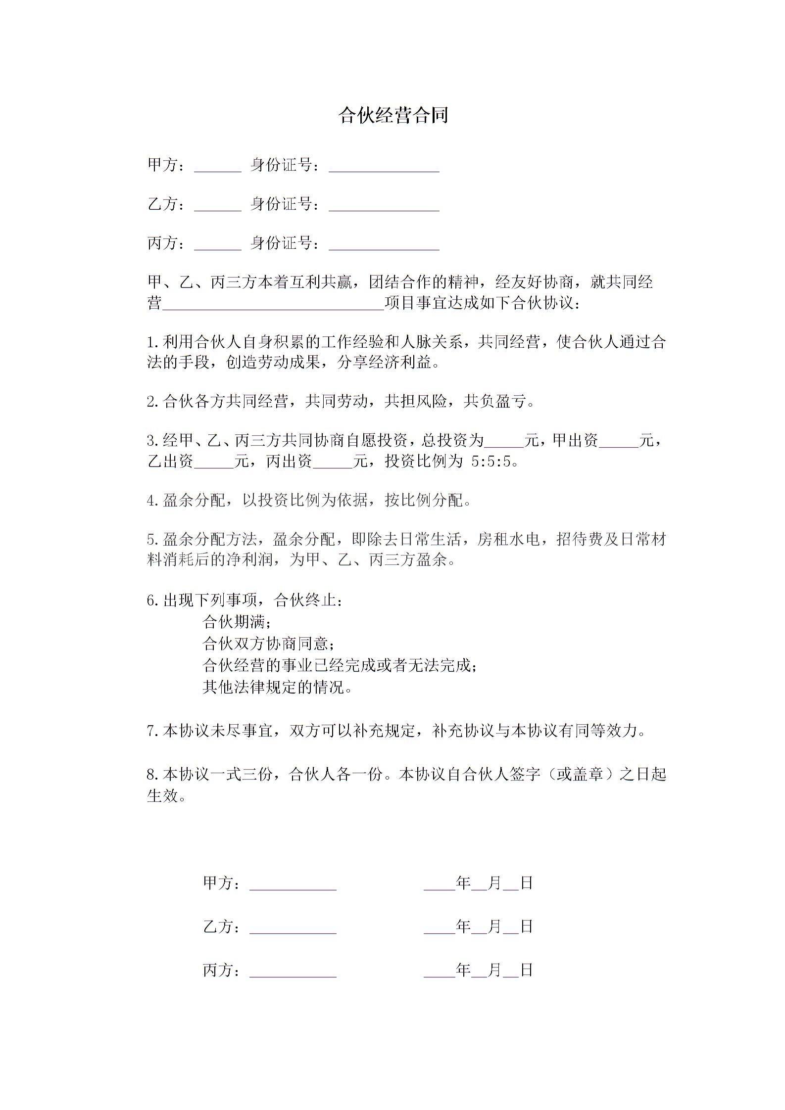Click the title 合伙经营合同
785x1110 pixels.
(x=393, y=115)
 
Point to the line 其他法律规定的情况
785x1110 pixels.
(x=277, y=687)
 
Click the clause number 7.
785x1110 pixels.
(x=152, y=731)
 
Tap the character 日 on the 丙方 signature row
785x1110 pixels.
(x=526, y=970)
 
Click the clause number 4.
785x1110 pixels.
(x=152, y=501)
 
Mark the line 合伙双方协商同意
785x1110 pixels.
(x=268, y=643)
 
